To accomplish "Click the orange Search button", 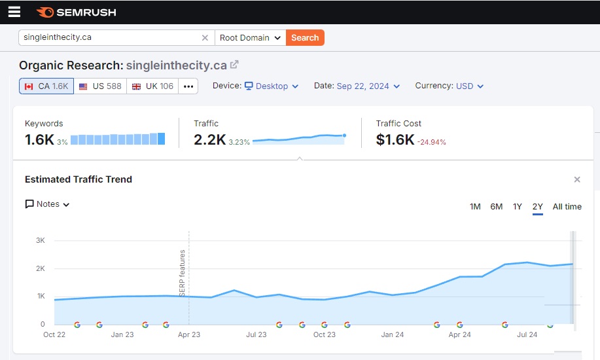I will pyautogui.click(x=305, y=37).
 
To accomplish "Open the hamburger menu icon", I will pyautogui.click(x=14, y=12).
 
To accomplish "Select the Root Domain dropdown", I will pyautogui.click(x=250, y=37).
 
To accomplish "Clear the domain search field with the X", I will pyautogui.click(x=205, y=37).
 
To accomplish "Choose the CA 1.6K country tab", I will pyautogui.click(x=46, y=86).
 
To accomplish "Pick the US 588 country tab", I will pyautogui.click(x=100, y=86).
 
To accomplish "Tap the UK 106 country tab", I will pyautogui.click(x=152, y=86).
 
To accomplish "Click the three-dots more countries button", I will pyautogui.click(x=188, y=86).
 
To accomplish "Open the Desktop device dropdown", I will pyautogui.click(x=272, y=86).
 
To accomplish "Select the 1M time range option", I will pyautogui.click(x=475, y=206).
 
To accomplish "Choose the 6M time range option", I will pyautogui.click(x=497, y=206).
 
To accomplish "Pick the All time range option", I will pyautogui.click(x=567, y=206).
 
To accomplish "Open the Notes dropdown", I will pyautogui.click(x=48, y=204).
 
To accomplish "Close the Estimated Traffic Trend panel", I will pyautogui.click(x=577, y=179).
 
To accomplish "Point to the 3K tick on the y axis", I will pyautogui.click(x=40, y=240).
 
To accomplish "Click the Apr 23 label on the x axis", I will pyautogui.click(x=188, y=334).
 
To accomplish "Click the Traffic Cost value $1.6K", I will pyautogui.click(x=395, y=139).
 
